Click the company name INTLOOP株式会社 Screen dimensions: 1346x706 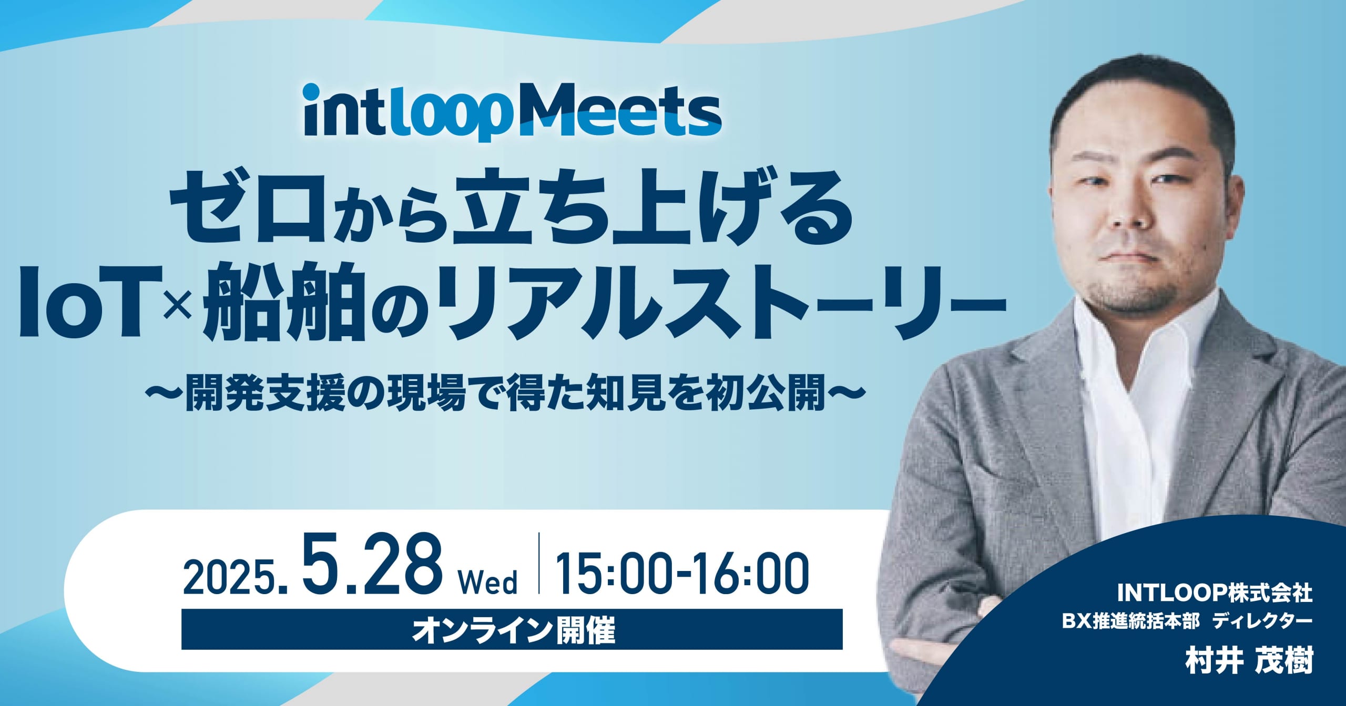(1214, 594)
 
